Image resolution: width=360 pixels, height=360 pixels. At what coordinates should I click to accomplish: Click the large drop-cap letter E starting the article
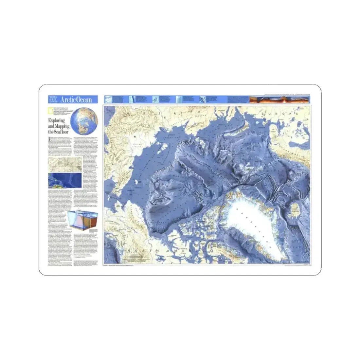tap(50, 140)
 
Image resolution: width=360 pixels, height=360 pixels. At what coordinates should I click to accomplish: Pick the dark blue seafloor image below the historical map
tap(64, 181)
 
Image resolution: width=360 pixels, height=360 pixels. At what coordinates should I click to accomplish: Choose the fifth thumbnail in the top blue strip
tap(203, 99)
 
